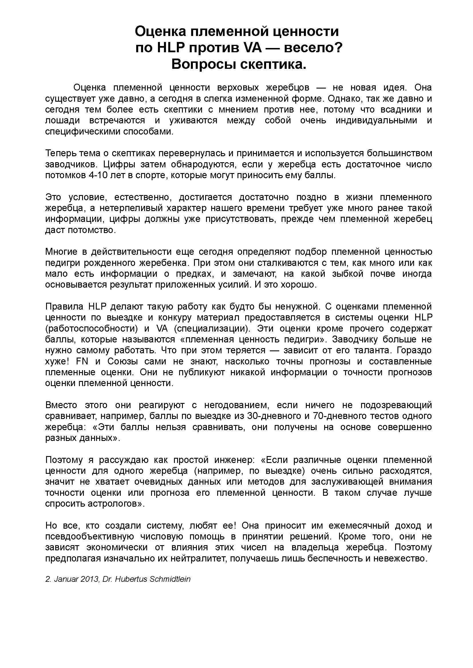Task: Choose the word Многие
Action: [x=62, y=252]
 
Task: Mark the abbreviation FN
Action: [x=82, y=361]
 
